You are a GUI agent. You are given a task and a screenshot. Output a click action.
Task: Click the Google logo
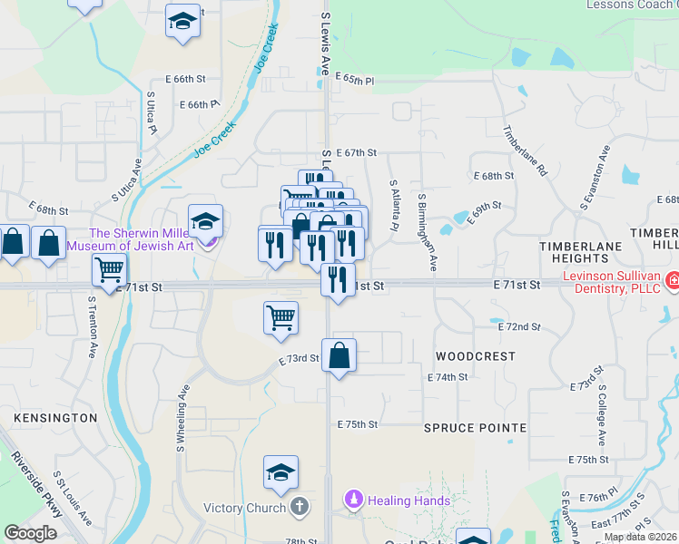[x=31, y=532]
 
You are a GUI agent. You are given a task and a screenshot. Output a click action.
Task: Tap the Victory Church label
[x=244, y=508]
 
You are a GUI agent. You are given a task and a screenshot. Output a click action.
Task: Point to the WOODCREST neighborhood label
[x=475, y=356]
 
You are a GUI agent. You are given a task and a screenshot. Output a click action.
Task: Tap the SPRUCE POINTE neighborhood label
[x=475, y=427]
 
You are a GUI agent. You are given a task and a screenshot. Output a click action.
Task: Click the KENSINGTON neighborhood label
[x=55, y=418]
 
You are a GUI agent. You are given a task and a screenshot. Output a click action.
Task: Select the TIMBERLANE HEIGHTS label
[x=581, y=252]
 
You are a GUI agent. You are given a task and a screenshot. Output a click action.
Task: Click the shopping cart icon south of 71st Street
[x=280, y=318]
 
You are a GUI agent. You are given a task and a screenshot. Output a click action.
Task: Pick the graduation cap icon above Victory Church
[x=280, y=472]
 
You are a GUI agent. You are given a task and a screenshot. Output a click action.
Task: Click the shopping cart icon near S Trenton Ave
[x=109, y=268]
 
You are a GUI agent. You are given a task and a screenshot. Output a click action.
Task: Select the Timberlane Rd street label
[x=526, y=150]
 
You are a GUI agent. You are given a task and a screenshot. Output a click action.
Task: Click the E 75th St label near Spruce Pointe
[x=357, y=424]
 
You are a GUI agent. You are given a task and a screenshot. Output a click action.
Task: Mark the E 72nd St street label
[x=520, y=326]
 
